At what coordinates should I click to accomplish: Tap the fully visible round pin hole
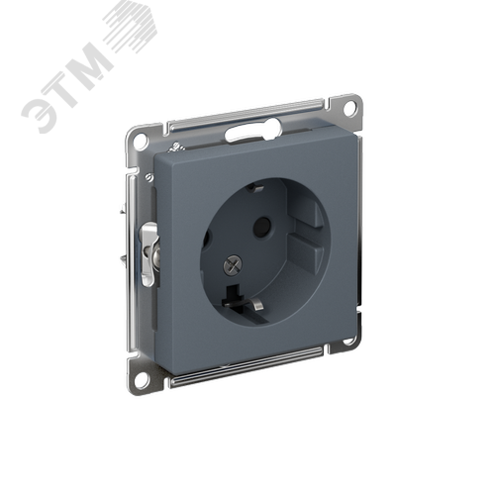(x=261, y=228)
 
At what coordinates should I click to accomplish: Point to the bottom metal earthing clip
(x=258, y=306)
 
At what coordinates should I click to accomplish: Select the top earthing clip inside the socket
(x=255, y=188)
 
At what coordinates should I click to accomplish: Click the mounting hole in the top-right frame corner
(x=350, y=107)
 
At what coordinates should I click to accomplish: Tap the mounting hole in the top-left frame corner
(x=140, y=138)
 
